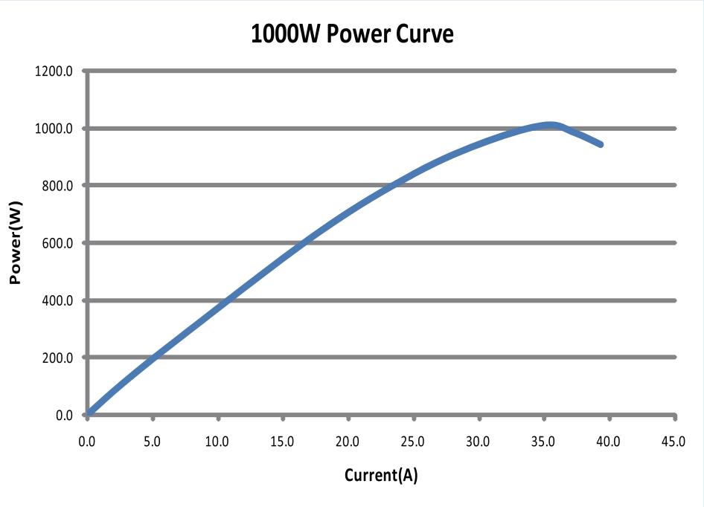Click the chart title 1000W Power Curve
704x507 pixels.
(352, 33)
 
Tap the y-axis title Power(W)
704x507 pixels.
(14, 242)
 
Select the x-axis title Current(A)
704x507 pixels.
(381, 475)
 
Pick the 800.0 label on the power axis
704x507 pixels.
(59, 186)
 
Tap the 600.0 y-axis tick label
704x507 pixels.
(59, 243)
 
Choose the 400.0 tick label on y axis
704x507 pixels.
(59, 300)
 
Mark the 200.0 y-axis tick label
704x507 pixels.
(59, 358)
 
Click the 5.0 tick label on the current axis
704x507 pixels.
(152, 442)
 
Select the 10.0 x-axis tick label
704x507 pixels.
(217, 442)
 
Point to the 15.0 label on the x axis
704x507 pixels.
(282, 442)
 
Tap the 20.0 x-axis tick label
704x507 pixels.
(347, 442)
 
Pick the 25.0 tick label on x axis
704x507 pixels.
(412, 442)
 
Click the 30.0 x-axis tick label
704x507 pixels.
(478, 442)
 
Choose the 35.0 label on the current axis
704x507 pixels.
(543, 442)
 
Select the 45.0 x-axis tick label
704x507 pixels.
(673, 442)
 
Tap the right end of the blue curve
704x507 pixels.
(600, 143)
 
